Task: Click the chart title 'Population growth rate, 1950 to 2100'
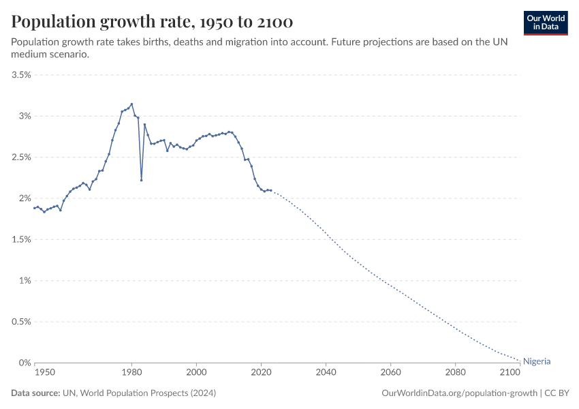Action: click(x=152, y=22)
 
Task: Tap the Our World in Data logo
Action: click(x=545, y=22)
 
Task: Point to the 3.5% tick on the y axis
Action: click(x=20, y=75)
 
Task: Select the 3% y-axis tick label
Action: click(x=24, y=116)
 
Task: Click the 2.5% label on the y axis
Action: click(x=20, y=157)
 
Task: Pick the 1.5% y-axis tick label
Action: click(x=20, y=239)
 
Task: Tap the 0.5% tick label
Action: click(x=20, y=322)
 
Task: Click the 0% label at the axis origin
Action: click(x=26, y=363)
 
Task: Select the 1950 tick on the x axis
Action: click(x=45, y=373)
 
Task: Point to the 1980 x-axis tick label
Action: click(x=131, y=373)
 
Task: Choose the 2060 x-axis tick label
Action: click(x=390, y=373)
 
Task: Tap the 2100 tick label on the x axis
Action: click(x=510, y=373)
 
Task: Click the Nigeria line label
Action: click(x=537, y=362)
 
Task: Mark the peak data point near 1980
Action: click(x=131, y=104)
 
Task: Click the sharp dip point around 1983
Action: click(x=141, y=180)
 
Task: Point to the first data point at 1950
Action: click(x=35, y=208)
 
